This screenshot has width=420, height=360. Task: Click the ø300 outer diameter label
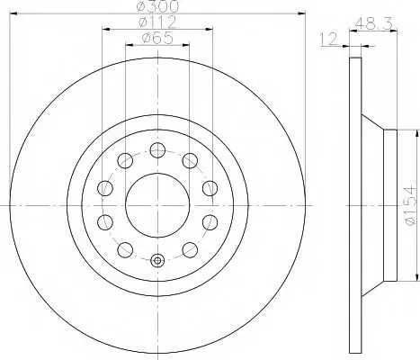[157, 6]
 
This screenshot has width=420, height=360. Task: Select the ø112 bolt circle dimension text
[157, 22]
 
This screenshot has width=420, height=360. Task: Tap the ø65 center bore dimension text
[157, 38]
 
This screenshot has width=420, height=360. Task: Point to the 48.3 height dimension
[374, 24]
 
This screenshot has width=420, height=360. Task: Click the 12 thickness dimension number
[329, 40]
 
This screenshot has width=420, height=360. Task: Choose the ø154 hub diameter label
[410, 205]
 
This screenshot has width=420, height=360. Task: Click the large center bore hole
[157, 205]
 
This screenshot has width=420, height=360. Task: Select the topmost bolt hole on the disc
[157, 150]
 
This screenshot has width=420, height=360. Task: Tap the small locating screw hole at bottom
[157, 260]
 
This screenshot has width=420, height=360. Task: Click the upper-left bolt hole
[125, 161]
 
